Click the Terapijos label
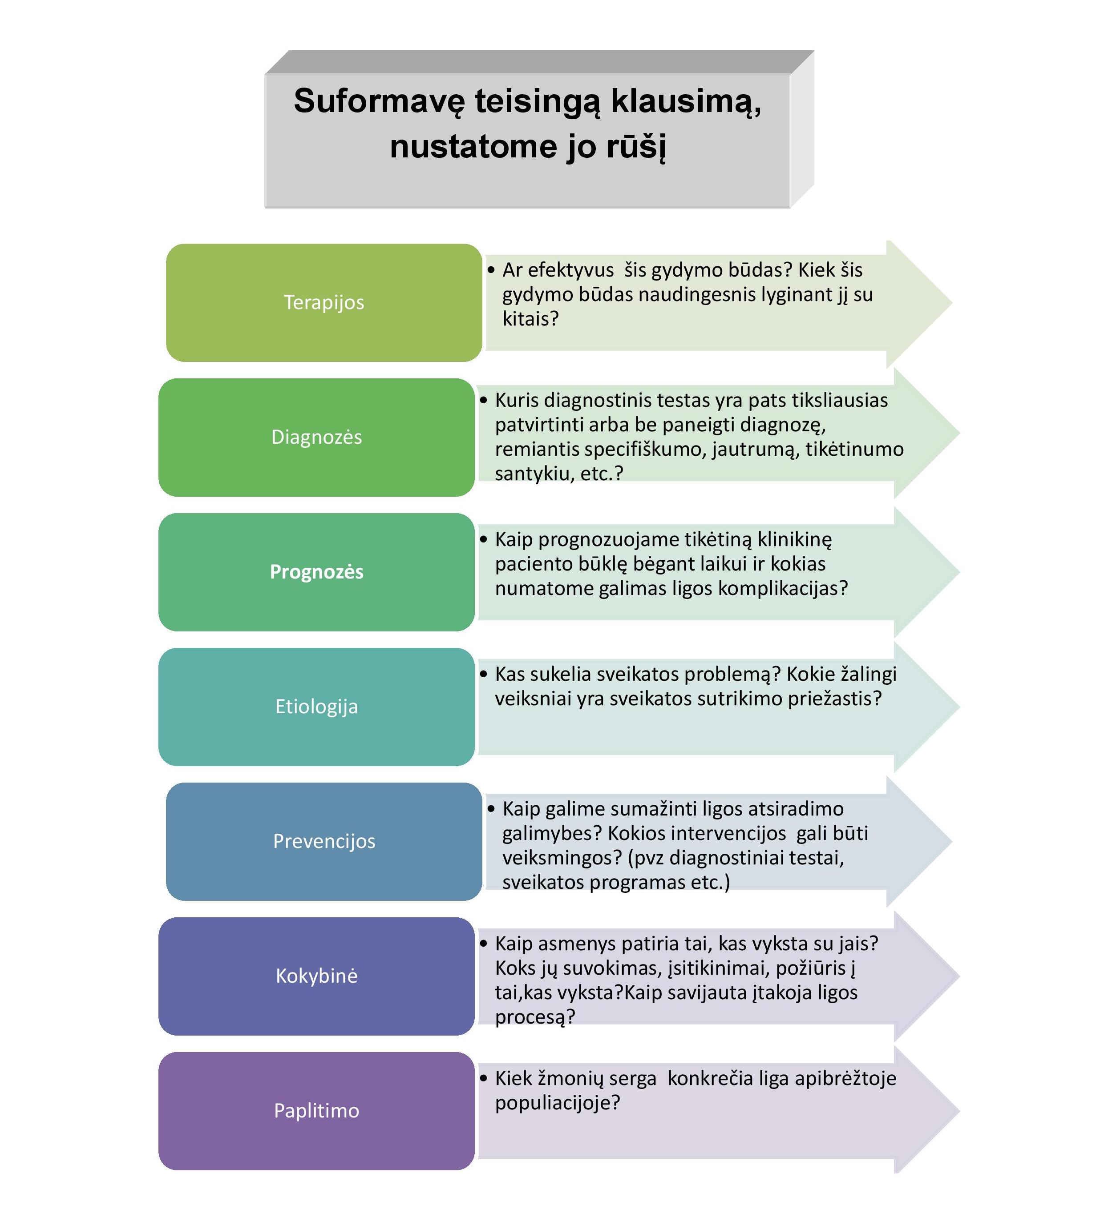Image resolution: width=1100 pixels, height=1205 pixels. tap(324, 302)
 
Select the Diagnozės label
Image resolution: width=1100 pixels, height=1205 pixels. tap(316, 437)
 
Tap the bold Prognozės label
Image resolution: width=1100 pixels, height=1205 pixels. tap(316, 572)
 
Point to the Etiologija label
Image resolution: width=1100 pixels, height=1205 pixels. tap(316, 707)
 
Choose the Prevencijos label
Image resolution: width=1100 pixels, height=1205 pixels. tap(324, 841)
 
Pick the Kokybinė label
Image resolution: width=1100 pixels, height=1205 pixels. tap(316, 976)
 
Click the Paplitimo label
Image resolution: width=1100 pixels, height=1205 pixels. tap(316, 1111)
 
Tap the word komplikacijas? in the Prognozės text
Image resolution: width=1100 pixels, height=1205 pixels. tap(782, 588)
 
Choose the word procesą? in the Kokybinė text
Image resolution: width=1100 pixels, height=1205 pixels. tap(534, 1017)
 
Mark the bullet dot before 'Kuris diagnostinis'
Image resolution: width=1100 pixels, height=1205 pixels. tap(483, 400)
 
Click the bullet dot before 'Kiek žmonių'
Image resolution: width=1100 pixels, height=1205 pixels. tap(483, 1078)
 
